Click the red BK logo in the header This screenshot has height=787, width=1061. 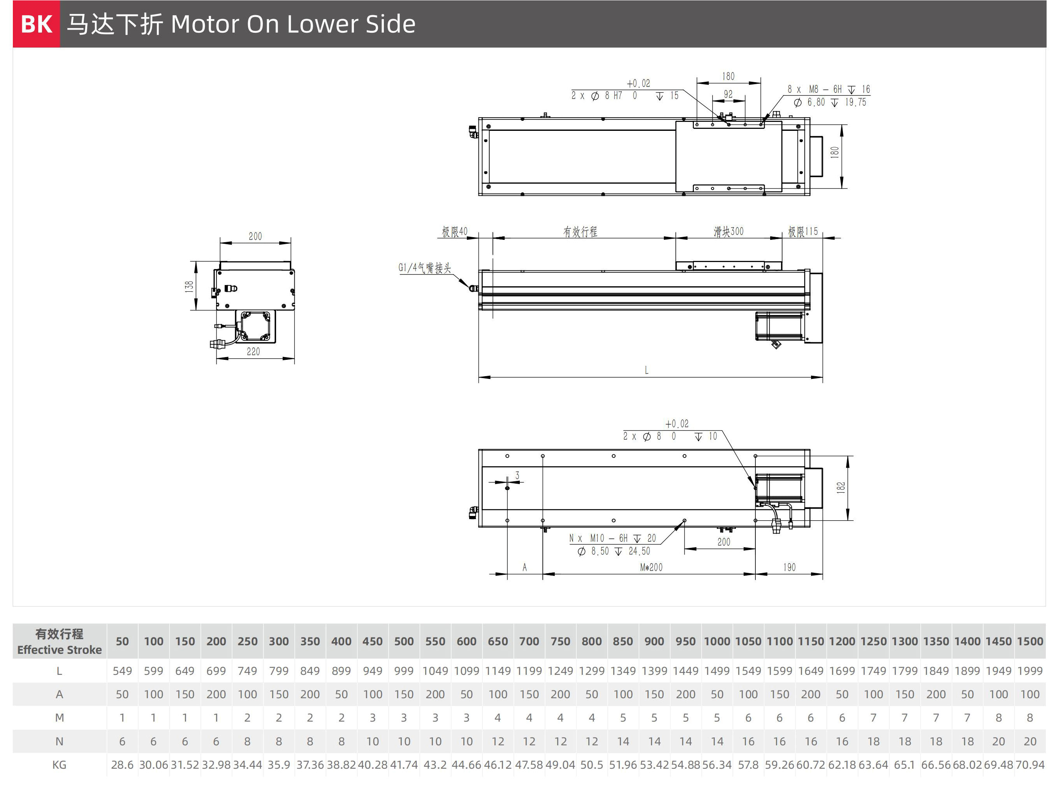tap(36, 24)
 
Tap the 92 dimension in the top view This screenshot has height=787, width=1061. tap(728, 94)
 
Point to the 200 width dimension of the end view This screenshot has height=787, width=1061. tap(255, 236)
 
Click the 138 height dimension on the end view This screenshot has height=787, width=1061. tap(189, 286)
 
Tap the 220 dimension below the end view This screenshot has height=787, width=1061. tap(253, 352)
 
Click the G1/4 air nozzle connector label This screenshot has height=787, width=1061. tap(425, 268)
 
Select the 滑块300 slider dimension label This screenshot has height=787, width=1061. tap(728, 232)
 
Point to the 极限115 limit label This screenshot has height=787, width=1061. tap(803, 232)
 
